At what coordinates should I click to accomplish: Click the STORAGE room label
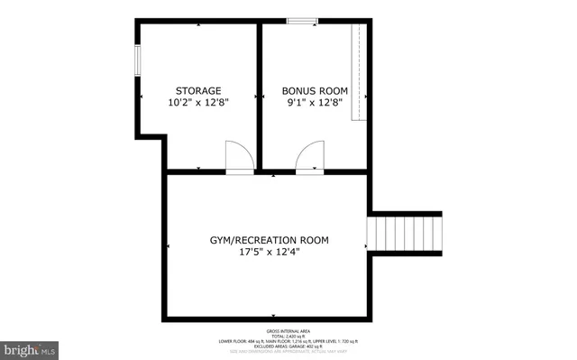197,90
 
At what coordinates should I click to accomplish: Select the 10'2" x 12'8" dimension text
198,103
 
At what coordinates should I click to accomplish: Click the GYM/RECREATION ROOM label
269,240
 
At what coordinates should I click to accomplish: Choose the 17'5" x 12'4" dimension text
269,253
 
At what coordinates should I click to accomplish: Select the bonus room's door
309,157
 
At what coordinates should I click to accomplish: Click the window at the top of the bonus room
300,20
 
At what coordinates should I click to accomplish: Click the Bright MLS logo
30,347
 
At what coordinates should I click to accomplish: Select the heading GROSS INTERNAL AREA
288,331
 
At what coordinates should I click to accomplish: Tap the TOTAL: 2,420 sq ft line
288,337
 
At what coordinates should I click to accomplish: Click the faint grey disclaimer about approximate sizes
288,353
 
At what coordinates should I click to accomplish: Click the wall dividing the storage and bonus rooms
258,95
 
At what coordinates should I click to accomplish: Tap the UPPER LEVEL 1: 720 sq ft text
339,342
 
